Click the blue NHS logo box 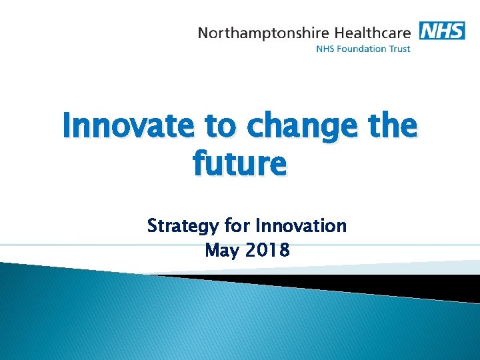[441, 30]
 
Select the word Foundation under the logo [361, 48]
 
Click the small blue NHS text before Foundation [325, 48]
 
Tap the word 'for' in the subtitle [237, 225]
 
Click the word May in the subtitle [221, 251]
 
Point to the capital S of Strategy [152, 225]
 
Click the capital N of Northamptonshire [203, 32]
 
